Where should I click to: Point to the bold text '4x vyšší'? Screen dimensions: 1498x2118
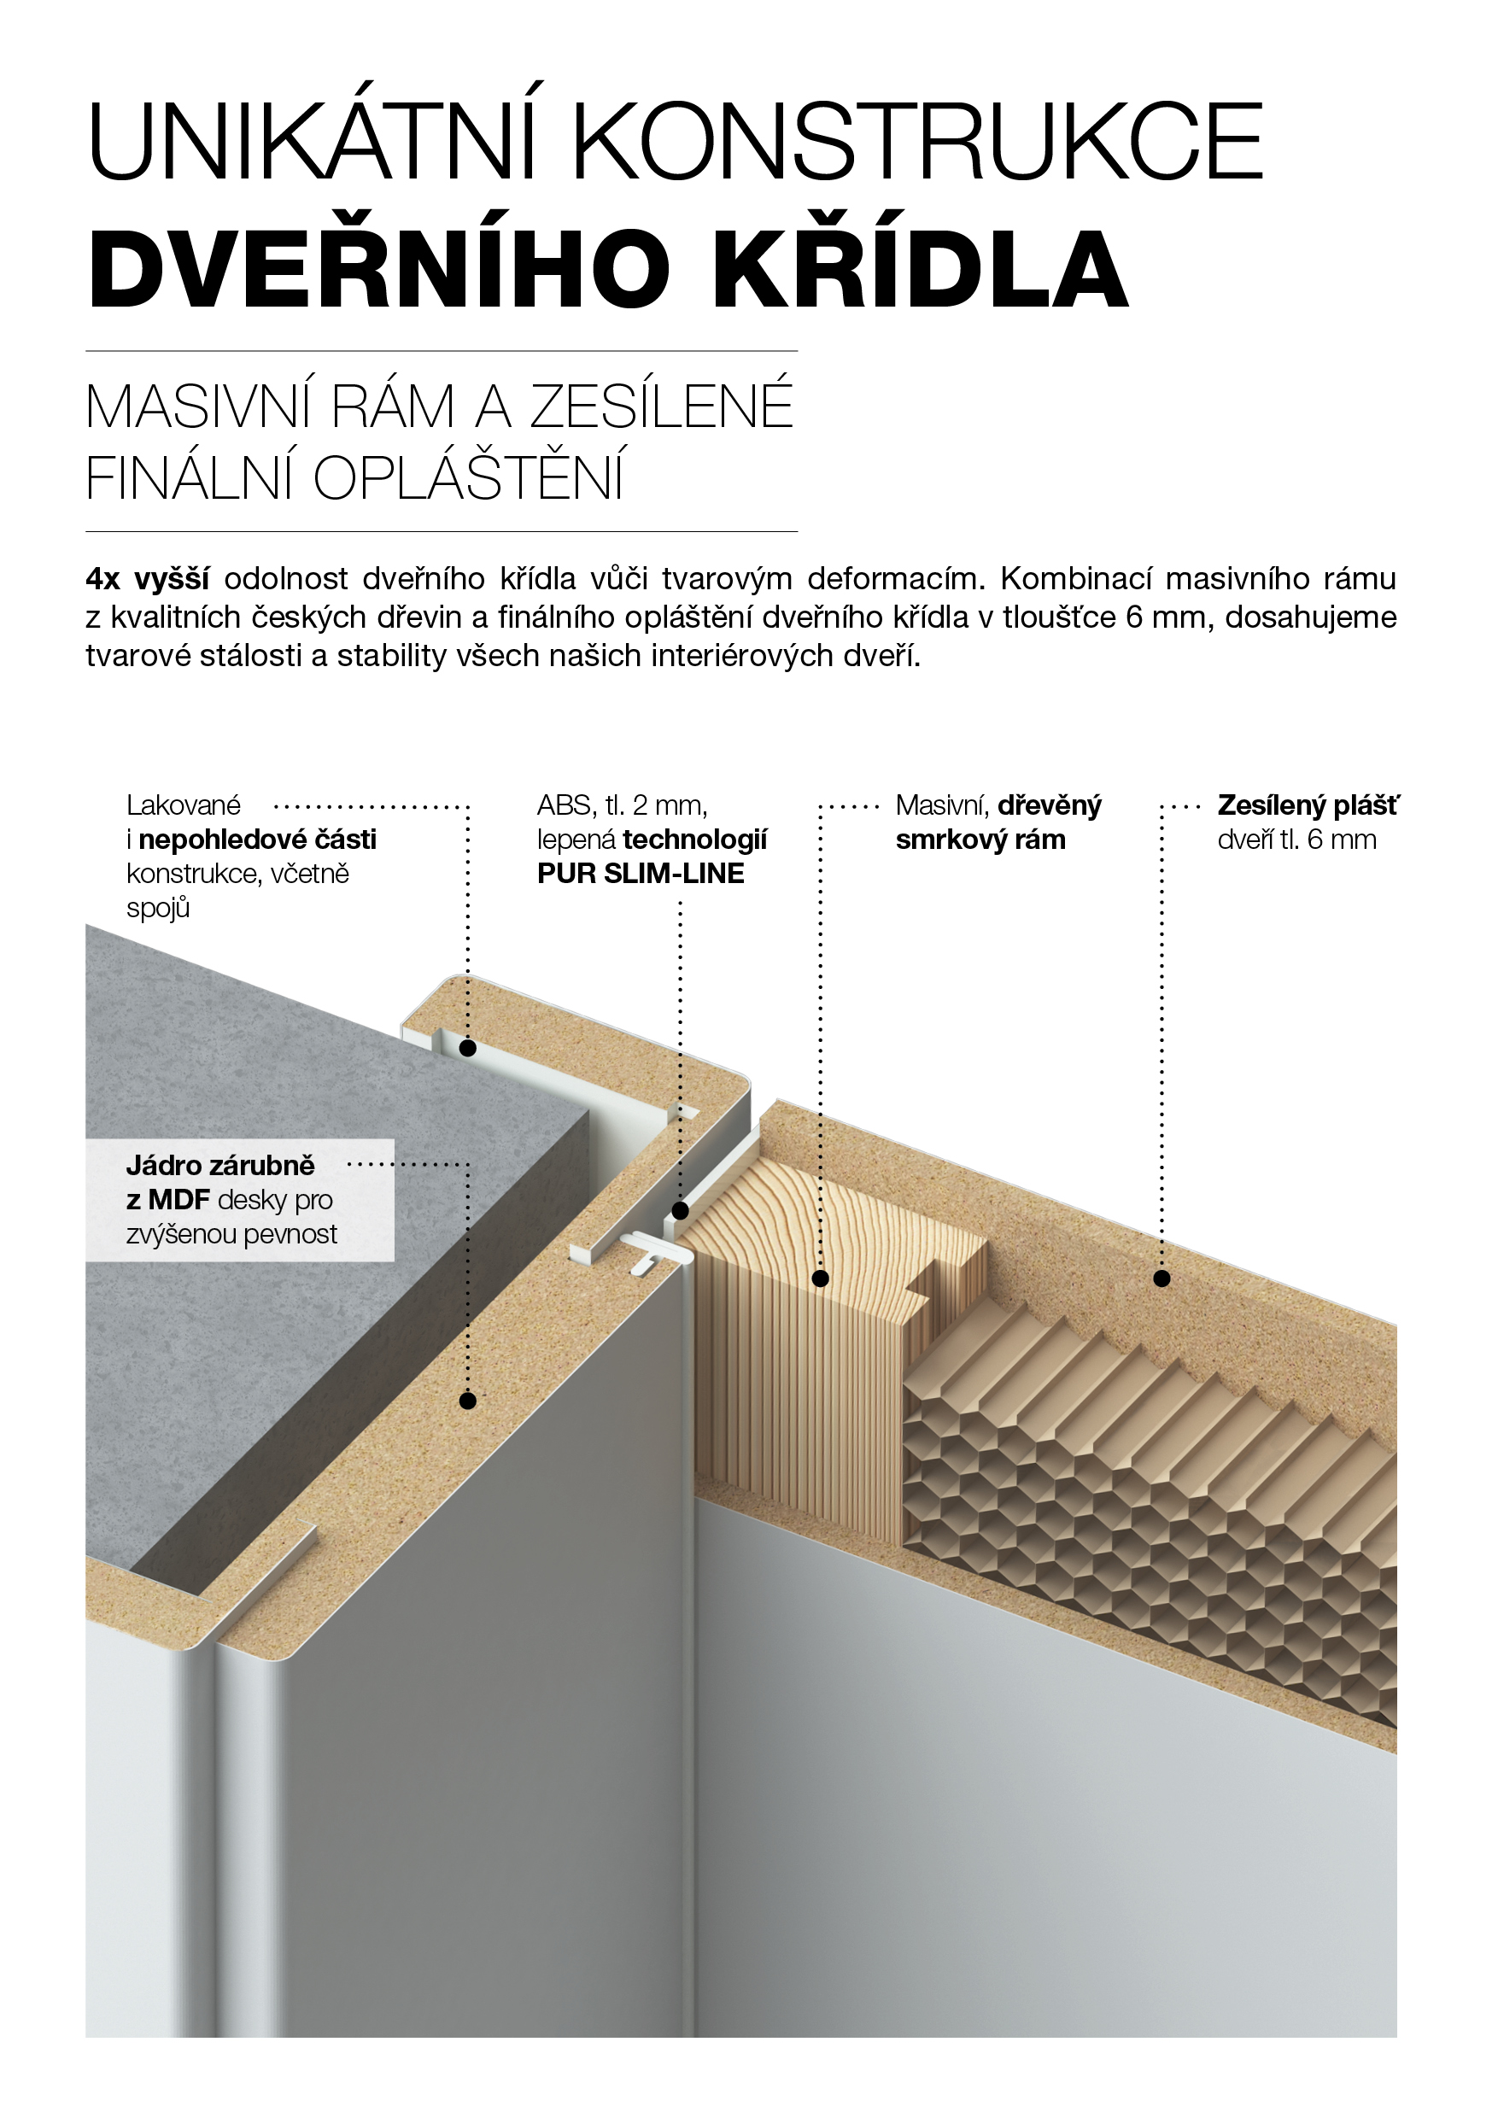coord(147,579)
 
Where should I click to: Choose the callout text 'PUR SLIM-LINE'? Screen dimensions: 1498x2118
coord(641,874)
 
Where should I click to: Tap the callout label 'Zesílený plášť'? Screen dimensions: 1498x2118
coord(1308,805)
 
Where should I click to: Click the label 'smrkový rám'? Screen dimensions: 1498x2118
coord(980,840)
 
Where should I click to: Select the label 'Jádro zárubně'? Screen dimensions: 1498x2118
coord(220,1165)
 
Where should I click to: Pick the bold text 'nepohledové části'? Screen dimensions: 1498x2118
coord(257,840)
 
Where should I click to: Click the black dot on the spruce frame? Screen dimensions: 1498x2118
coord(821,1278)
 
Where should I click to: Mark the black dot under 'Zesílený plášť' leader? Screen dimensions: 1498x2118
coord(1162,1278)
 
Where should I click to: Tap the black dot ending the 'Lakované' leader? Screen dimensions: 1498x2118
coord(468,1048)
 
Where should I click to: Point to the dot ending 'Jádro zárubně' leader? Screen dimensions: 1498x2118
coord(468,1401)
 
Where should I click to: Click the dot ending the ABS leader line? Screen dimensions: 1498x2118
coord(680,1211)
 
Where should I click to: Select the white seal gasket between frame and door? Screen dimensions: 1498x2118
coord(657,1253)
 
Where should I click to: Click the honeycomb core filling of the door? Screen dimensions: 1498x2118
coord(1144,1495)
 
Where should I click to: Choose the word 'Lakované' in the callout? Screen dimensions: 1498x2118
coord(184,805)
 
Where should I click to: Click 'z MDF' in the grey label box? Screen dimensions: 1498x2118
coord(168,1199)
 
